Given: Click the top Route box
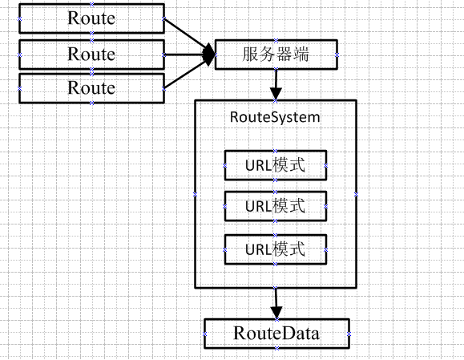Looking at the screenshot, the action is (x=91, y=18).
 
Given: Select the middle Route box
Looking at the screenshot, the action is (x=91, y=55).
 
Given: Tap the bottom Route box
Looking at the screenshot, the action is (x=91, y=88).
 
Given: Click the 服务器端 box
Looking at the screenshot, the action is (x=276, y=55).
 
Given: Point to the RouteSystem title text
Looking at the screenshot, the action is (x=275, y=117).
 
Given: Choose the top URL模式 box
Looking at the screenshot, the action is (x=276, y=165).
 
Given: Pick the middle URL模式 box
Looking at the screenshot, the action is (x=276, y=206).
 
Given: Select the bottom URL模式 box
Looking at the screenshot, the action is (x=276, y=249).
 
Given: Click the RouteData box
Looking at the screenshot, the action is (x=276, y=334).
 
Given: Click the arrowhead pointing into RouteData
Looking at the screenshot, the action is (x=276, y=313).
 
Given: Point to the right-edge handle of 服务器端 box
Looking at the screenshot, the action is (x=337, y=55).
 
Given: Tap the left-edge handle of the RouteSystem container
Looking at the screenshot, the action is (x=195, y=194).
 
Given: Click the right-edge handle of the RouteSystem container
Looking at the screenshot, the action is (x=357, y=194).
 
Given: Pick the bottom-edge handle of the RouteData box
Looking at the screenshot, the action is (x=276, y=348).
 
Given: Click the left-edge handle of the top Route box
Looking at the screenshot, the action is (x=19, y=18).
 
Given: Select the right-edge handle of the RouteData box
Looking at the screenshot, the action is (x=349, y=334).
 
